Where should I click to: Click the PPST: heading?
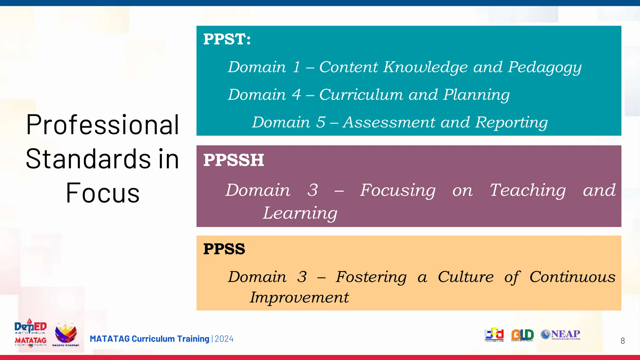click(227, 39)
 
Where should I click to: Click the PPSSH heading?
click(233, 160)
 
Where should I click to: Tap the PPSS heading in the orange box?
click(224, 249)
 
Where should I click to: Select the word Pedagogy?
click(544, 67)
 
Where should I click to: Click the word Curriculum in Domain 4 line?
click(361, 95)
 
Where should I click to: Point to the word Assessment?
click(391, 122)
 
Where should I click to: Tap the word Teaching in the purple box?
click(527, 190)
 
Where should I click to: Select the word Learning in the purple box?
click(300, 213)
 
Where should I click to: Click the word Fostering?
click(371, 277)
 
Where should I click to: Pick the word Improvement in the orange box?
click(299, 297)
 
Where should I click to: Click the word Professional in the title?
click(102, 125)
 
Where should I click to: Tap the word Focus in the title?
click(102, 193)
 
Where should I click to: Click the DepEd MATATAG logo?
click(30, 333)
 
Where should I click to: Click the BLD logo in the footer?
click(522, 335)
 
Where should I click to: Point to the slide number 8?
click(622, 341)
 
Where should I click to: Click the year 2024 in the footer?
click(224, 339)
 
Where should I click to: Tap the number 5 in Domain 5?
click(321, 122)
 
